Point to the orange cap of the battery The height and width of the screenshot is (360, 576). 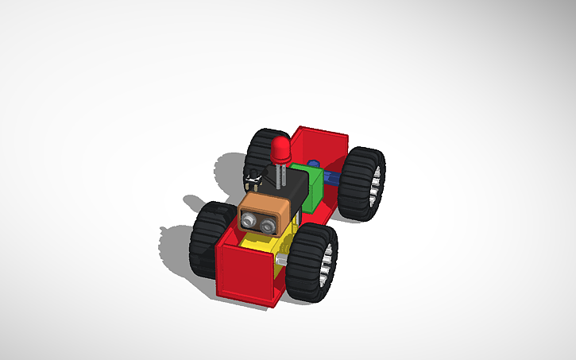click(263, 211)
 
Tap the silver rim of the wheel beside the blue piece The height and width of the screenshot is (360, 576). click(377, 181)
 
